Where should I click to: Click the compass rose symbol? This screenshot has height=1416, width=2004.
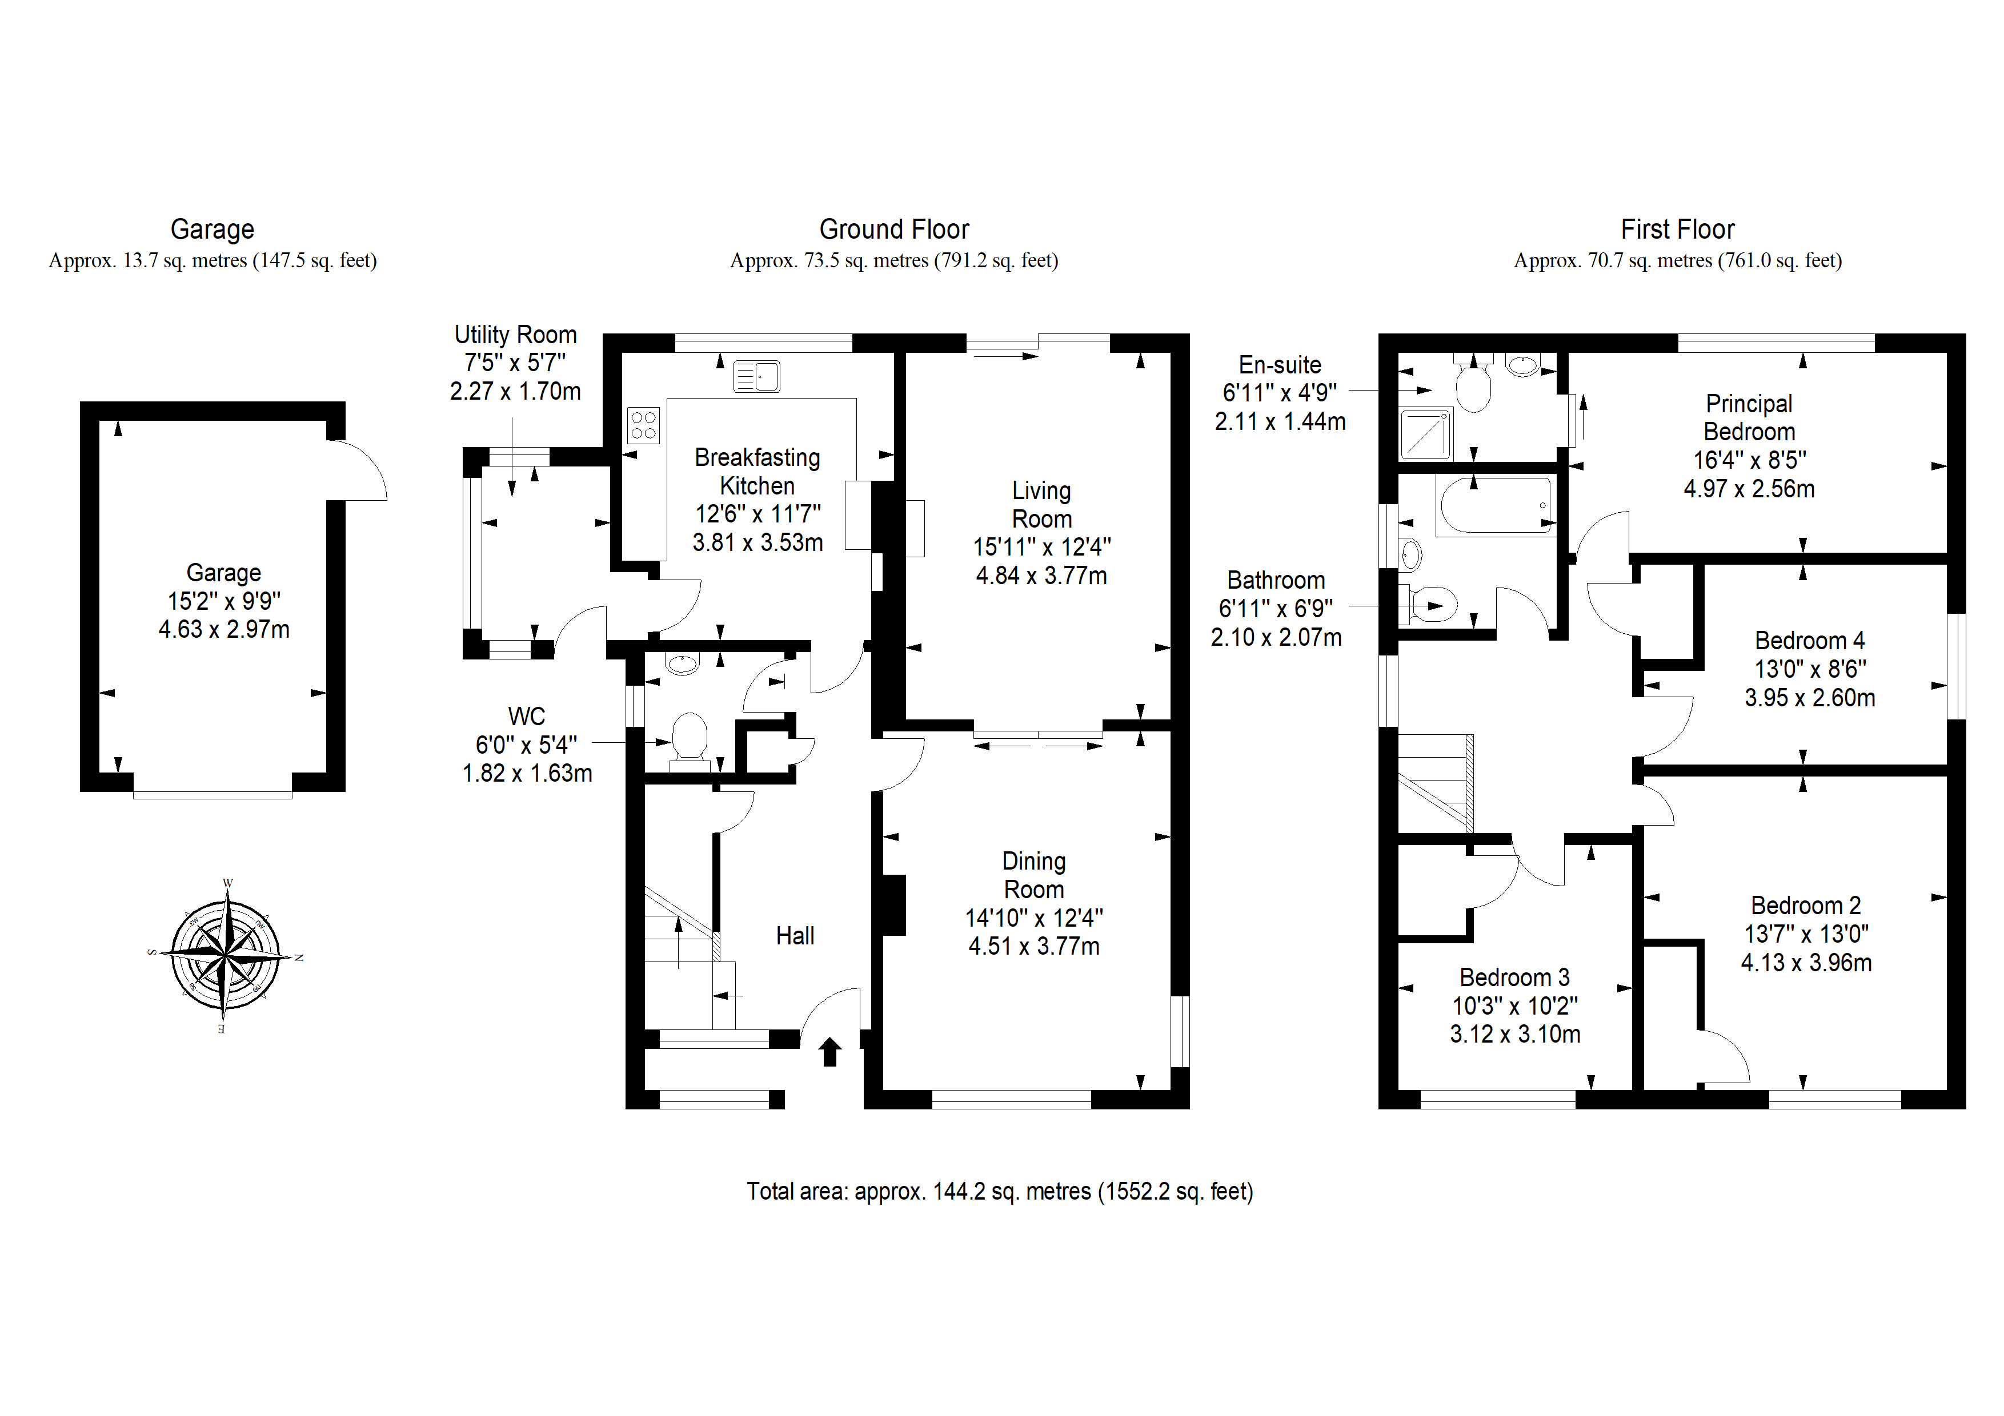(x=226, y=956)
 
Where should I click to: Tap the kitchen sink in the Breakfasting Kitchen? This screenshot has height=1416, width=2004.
(x=757, y=377)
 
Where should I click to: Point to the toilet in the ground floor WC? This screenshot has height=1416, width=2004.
(x=688, y=742)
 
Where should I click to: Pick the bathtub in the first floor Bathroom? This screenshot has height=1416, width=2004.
(x=1496, y=505)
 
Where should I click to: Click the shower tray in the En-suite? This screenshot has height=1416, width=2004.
(x=1425, y=435)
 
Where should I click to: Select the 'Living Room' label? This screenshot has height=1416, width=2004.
(x=1041, y=505)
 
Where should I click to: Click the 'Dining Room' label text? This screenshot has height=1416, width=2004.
(x=1035, y=875)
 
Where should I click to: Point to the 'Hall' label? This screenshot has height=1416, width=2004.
(x=795, y=936)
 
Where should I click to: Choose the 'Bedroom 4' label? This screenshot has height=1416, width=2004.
(x=1810, y=641)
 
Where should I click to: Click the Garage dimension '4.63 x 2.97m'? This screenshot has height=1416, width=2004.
(x=225, y=629)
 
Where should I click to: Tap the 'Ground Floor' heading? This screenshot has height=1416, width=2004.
(x=894, y=230)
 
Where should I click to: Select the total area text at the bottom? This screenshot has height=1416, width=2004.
(x=1000, y=1192)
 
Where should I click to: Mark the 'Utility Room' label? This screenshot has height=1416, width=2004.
(x=516, y=335)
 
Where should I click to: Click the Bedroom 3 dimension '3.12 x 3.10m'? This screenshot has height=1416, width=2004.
(x=1515, y=1034)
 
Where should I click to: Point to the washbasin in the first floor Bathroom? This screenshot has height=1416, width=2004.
(x=1410, y=554)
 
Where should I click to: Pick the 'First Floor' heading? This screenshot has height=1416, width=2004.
(x=1678, y=230)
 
